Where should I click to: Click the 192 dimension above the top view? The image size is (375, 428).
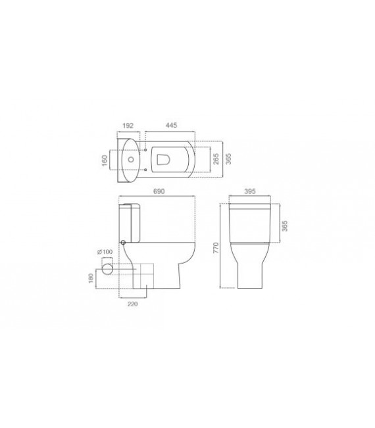click(129, 126)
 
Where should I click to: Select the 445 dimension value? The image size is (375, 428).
click(171, 126)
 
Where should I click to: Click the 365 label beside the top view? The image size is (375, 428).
click(228, 158)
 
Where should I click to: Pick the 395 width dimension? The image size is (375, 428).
click(249, 191)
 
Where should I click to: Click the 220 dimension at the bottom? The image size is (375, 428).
click(132, 305)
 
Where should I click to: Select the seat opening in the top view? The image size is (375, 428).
click(164, 158)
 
